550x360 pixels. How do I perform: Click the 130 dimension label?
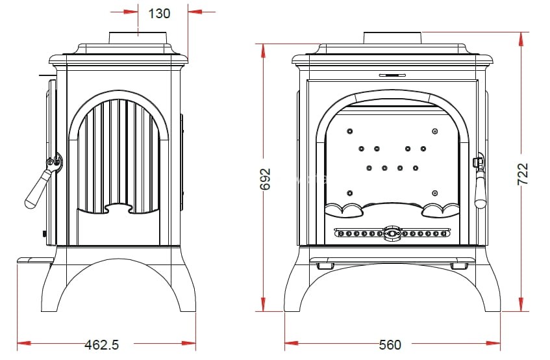tap(159, 12)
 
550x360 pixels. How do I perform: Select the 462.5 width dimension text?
tap(102, 344)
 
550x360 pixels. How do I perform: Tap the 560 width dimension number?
tap(390, 344)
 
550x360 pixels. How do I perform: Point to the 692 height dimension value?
tap(264, 179)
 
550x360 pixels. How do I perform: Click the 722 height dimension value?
tap(523, 174)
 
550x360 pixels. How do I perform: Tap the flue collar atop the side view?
tap(138, 37)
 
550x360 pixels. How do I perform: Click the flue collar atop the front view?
tap(392, 37)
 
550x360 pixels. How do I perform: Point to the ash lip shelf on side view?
tap(34, 261)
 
